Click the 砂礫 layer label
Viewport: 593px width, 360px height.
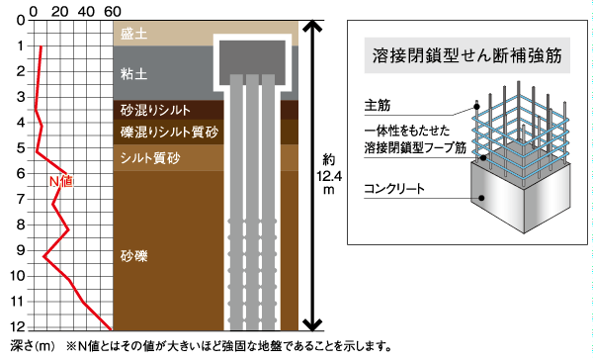point(133,256)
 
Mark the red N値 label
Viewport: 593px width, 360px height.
point(61,181)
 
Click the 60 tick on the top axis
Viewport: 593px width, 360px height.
point(113,10)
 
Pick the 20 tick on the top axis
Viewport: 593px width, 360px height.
point(61,10)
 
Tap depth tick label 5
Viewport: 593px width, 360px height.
point(20,148)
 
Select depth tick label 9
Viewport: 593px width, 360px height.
point(20,250)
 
